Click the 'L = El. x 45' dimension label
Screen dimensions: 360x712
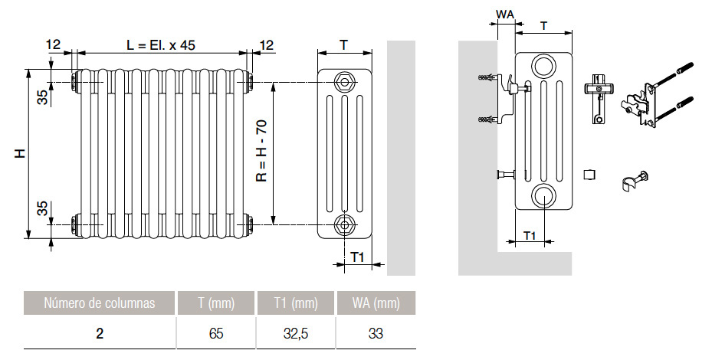(161, 45)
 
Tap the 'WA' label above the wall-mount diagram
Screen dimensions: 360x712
(505, 15)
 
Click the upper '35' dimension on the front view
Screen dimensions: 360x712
(44, 97)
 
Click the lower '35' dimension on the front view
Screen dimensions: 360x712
(44, 208)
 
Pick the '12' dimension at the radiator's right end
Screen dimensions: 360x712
(265, 45)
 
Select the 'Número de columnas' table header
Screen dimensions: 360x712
(100, 303)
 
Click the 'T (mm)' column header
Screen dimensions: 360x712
(216, 303)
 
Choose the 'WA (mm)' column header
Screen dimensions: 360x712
(376, 303)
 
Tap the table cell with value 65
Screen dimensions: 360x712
(216, 333)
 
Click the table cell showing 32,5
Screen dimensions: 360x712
(296, 333)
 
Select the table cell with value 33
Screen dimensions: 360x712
(376, 333)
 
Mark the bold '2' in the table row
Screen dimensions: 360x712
(100, 333)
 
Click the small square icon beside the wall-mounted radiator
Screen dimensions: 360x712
(589, 175)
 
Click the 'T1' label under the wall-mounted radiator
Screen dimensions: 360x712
(528, 234)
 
